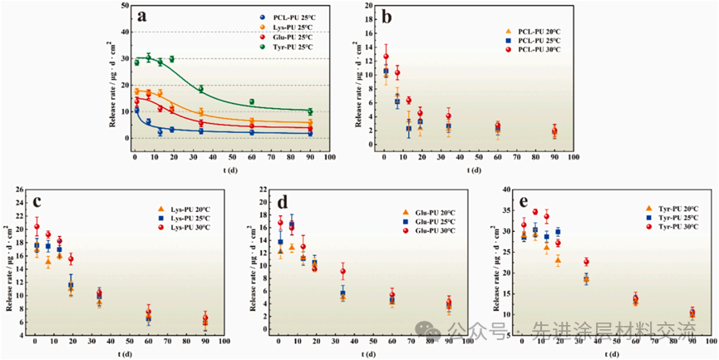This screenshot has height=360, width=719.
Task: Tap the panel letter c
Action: (37, 201)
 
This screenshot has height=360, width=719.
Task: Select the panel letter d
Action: (282, 201)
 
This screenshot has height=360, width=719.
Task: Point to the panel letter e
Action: (523, 201)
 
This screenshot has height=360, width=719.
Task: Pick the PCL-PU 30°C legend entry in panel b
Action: (533, 50)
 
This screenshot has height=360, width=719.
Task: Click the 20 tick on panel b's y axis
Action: (369, 6)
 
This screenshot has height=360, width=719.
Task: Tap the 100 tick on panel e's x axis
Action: (710, 342)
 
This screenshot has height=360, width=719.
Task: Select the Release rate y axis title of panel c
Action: (7, 262)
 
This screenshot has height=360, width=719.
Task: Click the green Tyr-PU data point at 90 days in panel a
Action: (310, 111)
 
